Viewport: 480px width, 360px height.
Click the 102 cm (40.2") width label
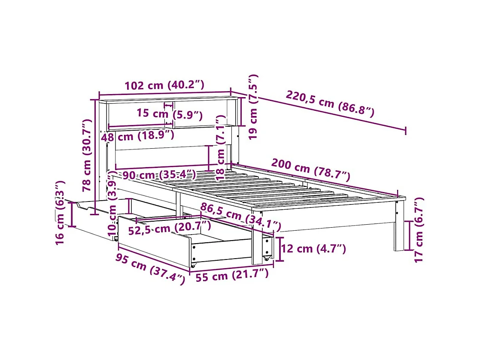click(x=164, y=85)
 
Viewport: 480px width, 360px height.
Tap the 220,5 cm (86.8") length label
click(x=330, y=104)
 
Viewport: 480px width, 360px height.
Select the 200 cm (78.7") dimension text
click(x=311, y=170)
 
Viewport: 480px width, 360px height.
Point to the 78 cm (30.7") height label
click(x=87, y=156)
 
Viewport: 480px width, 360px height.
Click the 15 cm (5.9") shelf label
click(x=169, y=114)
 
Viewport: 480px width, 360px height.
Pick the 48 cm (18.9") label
click(x=138, y=136)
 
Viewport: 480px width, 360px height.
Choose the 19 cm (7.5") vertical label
click(x=253, y=107)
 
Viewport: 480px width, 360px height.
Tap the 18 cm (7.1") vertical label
click(x=220, y=148)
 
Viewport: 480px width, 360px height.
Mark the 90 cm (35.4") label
click(x=159, y=175)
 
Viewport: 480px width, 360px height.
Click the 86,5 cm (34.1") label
click(x=240, y=217)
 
